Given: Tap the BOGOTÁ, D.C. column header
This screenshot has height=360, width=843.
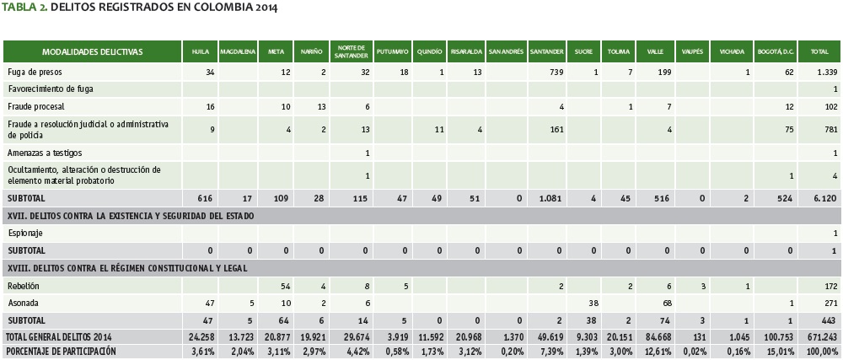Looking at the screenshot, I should coord(776,51).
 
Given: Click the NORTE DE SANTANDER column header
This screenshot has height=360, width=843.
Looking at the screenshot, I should coord(351,51).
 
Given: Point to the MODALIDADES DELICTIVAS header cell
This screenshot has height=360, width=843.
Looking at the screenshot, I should coord(93,51).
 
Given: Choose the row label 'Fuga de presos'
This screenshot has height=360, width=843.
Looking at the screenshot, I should coord(34,72).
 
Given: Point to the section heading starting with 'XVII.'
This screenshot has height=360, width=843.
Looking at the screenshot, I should coord(141,215).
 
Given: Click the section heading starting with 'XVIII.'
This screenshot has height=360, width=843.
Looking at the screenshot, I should coord(135,268).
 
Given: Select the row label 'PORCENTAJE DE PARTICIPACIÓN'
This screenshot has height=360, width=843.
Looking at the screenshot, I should coord(61,350).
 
